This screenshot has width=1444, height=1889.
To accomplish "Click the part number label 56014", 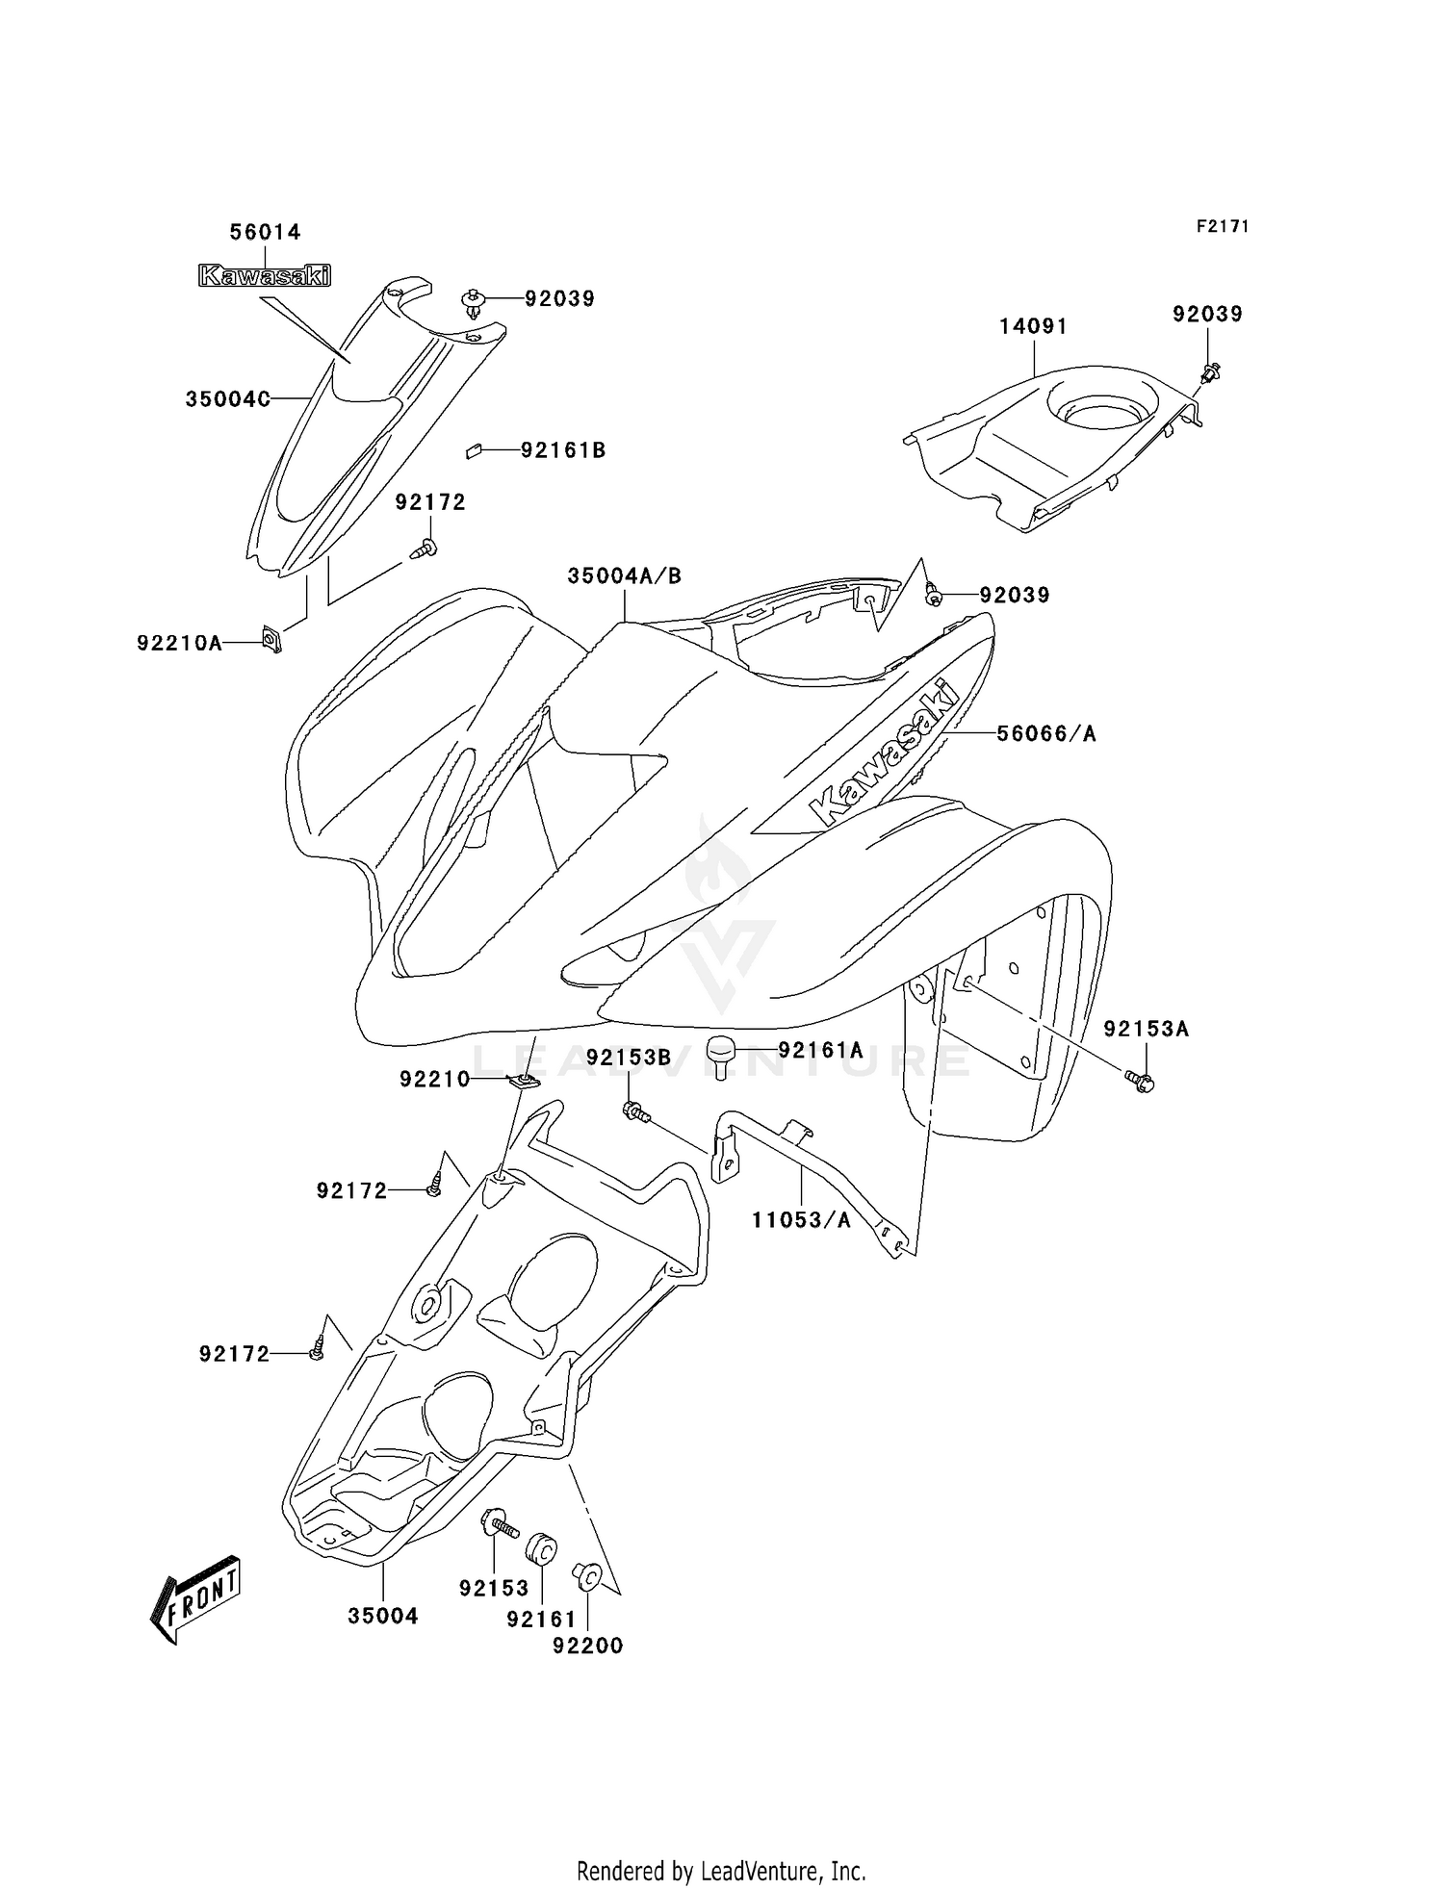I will [x=265, y=232].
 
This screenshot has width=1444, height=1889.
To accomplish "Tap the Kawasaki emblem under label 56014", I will [x=264, y=276].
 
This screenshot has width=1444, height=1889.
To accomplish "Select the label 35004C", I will [x=227, y=399].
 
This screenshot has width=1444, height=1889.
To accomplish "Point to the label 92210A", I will [x=179, y=643].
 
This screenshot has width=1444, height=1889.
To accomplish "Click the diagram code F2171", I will [x=1222, y=226].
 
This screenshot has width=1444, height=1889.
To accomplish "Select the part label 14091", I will [x=1032, y=326].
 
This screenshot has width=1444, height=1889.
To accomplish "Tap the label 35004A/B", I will [x=624, y=575].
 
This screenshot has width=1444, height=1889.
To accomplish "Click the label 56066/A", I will [x=1045, y=733].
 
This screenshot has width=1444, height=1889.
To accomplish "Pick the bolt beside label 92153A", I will [x=1141, y=1083].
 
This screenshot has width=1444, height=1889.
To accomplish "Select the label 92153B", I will [x=628, y=1058].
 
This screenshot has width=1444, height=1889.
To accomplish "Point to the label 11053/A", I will [x=801, y=1220].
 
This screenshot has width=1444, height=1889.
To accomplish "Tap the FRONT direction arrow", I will [x=195, y=1598].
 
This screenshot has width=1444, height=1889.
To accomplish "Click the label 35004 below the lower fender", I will [x=383, y=1616].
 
